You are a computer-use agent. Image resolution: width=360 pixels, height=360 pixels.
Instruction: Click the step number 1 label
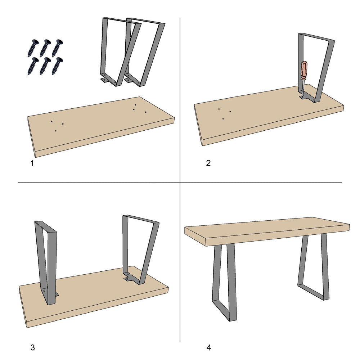[32, 164]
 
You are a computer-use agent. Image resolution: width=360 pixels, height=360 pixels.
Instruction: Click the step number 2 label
[208, 163]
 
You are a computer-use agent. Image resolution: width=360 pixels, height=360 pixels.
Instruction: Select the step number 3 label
[32, 347]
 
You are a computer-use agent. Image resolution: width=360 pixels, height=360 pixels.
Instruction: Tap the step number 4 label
[208, 347]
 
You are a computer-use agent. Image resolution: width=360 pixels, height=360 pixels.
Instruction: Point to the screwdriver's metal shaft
[303, 88]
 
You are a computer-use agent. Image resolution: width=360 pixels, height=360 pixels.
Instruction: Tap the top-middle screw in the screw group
[45, 47]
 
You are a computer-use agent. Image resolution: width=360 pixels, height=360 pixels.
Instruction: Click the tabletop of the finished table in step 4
[266, 230]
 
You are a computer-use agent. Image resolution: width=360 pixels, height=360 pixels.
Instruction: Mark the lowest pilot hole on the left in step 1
[56, 131]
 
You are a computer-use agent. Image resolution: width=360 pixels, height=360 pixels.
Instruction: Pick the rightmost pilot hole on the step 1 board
[146, 112]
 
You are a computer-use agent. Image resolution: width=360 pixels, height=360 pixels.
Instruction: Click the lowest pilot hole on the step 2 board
[223, 118]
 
